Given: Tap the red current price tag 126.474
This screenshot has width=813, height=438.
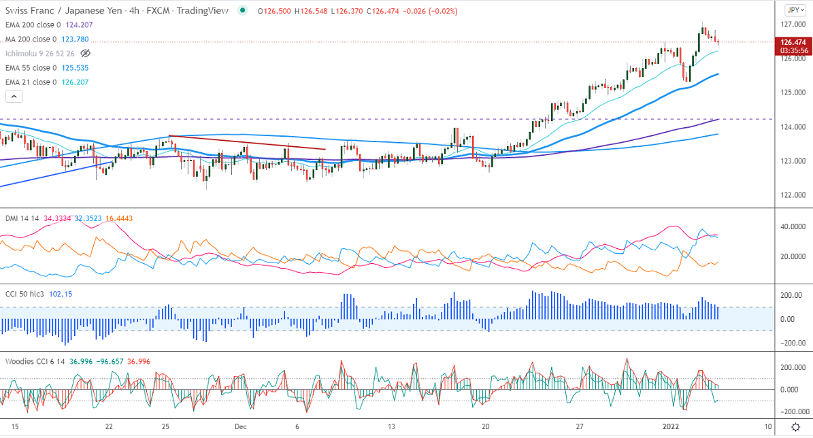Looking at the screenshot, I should (x=794, y=41).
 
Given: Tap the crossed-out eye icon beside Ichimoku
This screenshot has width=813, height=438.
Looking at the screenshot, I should (x=85, y=53).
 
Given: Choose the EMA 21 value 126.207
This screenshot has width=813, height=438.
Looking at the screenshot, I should (x=72, y=82).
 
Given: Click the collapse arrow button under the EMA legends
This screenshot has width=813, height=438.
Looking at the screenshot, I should (x=14, y=97).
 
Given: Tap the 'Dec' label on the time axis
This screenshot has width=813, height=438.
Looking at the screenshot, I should (x=239, y=426).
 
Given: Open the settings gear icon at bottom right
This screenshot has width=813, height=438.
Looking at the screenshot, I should (x=795, y=426).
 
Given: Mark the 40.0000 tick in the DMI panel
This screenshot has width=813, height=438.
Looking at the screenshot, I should (x=794, y=226).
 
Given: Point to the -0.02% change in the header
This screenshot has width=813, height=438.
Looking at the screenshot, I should (x=442, y=12).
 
